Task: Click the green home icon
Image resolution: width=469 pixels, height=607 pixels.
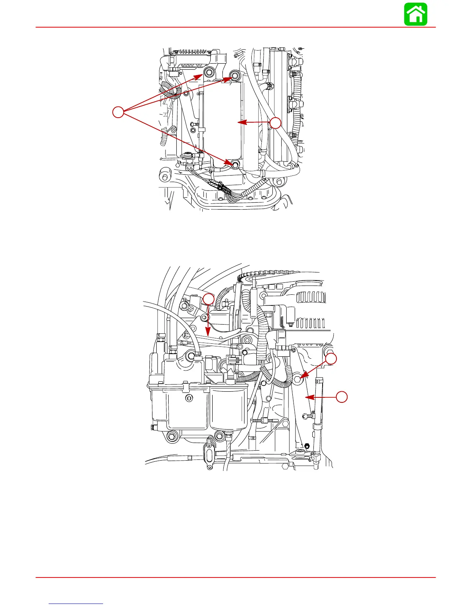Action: (416, 15)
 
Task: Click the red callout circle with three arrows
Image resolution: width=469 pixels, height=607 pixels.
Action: (118, 112)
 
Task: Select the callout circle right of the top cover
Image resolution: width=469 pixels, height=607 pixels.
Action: (275, 123)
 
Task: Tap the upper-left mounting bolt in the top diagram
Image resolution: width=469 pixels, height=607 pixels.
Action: (208, 72)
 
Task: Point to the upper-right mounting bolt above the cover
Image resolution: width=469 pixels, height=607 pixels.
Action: (235, 75)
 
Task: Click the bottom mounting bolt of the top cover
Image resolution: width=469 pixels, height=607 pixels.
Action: (235, 164)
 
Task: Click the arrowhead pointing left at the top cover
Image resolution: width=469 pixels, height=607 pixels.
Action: (240, 123)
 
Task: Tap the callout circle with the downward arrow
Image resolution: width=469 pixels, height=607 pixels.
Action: (208, 299)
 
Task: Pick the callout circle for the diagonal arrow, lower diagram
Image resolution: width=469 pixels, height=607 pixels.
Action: (331, 359)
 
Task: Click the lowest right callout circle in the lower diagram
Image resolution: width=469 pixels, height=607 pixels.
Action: (342, 397)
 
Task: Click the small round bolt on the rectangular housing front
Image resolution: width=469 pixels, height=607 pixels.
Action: (189, 399)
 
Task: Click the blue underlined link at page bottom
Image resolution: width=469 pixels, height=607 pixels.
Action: (76, 604)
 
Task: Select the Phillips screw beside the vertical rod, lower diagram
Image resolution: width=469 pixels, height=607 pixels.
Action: (306, 415)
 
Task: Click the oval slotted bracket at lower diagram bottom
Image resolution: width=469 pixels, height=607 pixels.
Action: (209, 453)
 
